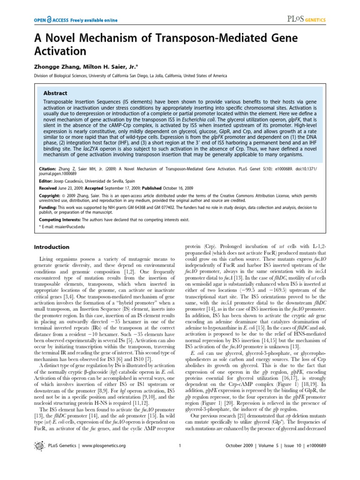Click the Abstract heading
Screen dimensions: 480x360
55,93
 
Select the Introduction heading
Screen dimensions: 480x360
52,247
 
